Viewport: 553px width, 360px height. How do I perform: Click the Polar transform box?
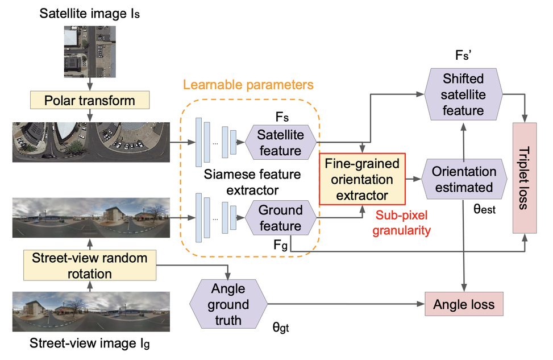coord(90,101)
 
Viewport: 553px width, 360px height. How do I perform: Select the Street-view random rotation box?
coord(90,266)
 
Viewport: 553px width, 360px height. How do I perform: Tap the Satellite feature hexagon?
coord(279,143)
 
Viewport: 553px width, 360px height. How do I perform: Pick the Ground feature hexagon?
coord(279,218)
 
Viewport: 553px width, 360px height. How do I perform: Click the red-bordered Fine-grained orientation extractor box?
coord(362,180)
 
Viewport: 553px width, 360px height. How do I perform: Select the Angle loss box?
coord(464,305)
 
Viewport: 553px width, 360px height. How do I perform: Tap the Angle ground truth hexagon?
coord(228,305)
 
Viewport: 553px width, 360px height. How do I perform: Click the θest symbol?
coord(484,210)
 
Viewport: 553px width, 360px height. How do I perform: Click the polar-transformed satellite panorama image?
coord(90,140)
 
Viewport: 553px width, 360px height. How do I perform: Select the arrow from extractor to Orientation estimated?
coord(413,180)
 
